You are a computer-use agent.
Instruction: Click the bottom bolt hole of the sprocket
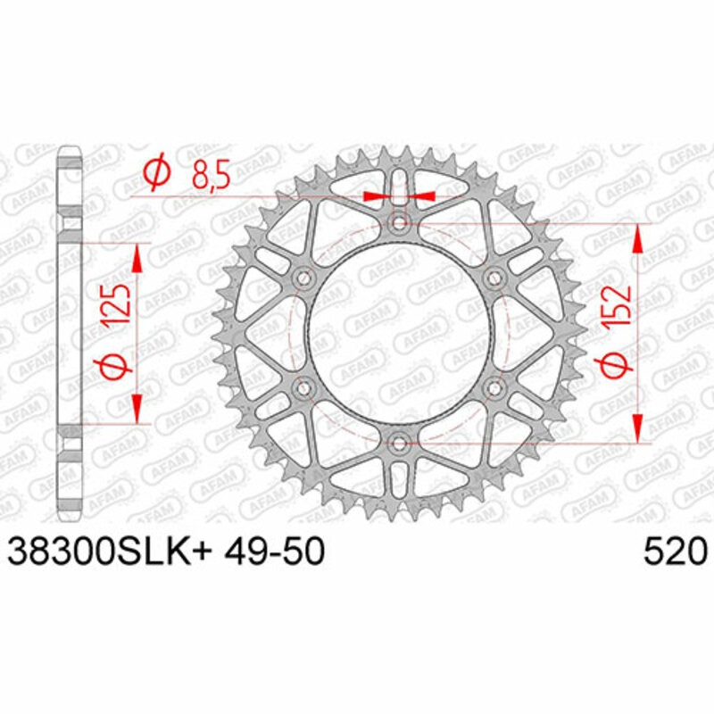coord(399,442)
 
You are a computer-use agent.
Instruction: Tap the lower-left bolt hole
coord(303,388)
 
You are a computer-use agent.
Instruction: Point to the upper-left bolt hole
coord(303,278)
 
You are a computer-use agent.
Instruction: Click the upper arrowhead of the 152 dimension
coord(639,237)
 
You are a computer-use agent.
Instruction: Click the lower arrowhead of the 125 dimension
coord(137,409)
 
